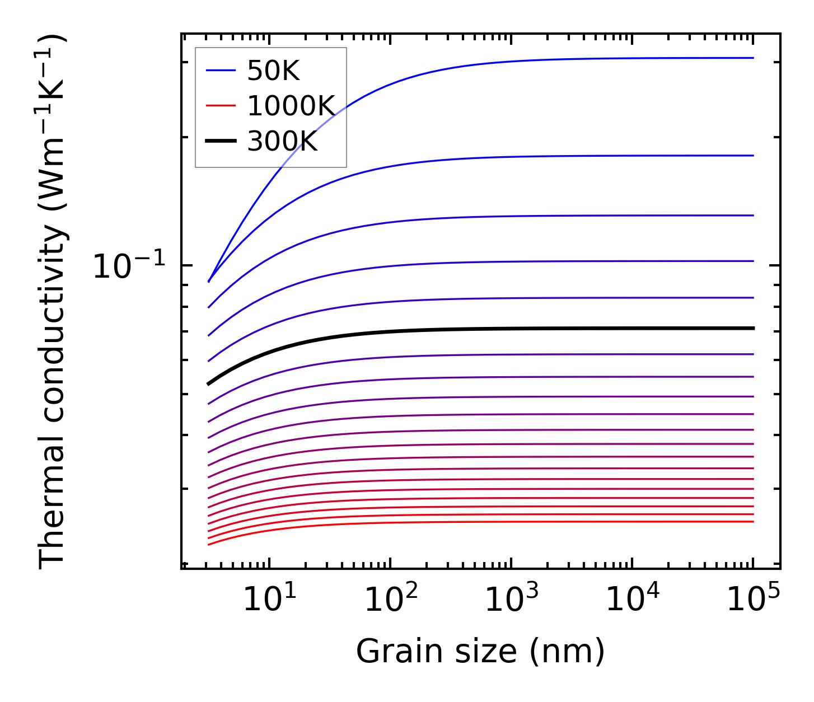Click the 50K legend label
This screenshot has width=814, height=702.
[x=273, y=71]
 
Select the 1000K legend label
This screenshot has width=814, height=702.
[x=291, y=106]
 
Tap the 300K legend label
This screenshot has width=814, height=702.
[x=282, y=142]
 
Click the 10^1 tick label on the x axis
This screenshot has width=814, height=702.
[x=269, y=600]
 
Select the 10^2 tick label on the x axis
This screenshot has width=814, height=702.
[x=391, y=600]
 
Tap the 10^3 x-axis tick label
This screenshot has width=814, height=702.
[x=511, y=600]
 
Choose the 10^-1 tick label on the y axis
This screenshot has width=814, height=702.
[x=129, y=266]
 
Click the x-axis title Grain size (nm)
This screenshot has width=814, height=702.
[x=480, y=652]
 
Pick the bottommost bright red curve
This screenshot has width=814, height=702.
[x=504, y=522]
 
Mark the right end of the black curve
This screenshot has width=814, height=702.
[x=754, y=328]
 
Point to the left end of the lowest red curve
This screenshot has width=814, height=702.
[x=209, y=544]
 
